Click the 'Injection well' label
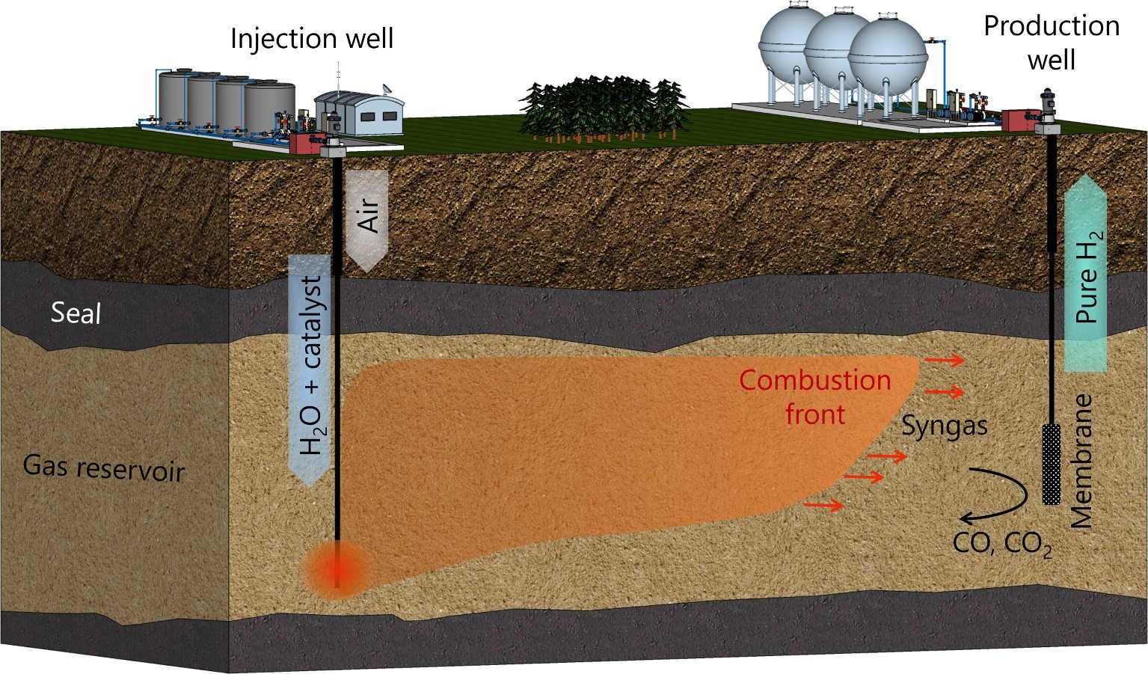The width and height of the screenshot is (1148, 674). [311, 38]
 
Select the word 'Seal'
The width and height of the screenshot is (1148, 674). [76, 312]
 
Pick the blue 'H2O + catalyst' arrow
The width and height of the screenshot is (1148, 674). [310, 367]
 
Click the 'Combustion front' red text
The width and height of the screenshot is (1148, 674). [815, 396]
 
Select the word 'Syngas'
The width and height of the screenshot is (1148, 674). [944, 426]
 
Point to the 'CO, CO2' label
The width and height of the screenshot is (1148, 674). [1002, 544]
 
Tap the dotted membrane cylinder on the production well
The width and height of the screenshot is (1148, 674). [1052, 464]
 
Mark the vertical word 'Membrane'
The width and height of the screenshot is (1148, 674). [1082, 461]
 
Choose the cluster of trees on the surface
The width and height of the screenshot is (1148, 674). [603, 108]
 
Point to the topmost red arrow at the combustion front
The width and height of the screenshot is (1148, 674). [944, 361]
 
